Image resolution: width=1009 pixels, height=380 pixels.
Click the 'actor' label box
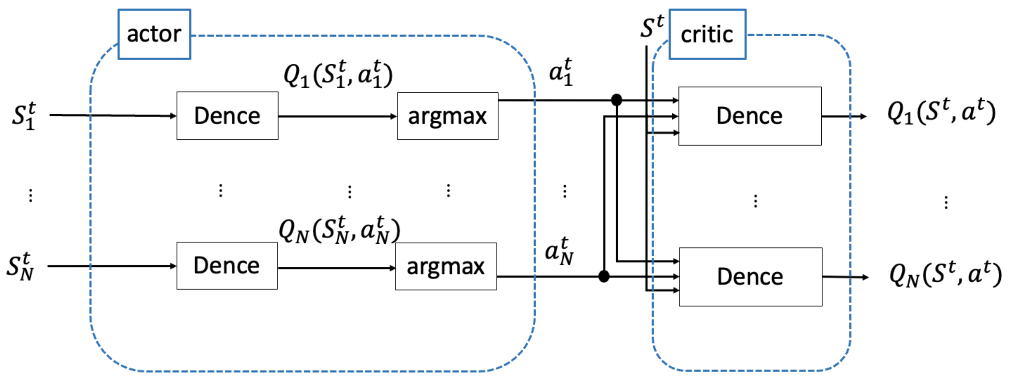[154, 35]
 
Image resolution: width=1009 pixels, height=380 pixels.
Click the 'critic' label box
[707, 35]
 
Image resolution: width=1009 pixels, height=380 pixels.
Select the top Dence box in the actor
[227, 116]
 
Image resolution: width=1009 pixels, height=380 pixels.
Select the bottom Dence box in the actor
[227, 266]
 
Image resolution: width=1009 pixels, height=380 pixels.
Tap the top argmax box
[447, 116]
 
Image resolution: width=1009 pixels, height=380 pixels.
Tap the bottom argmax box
[446, 266]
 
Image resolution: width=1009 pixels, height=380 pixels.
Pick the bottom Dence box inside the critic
[750, 277]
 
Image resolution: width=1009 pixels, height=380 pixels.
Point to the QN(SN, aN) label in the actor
[339, 230]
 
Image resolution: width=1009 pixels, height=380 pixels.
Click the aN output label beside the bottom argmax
[559, 251]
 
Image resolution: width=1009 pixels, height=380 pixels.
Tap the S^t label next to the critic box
[652, 27]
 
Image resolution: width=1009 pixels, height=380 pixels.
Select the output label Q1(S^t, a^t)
[941, 112]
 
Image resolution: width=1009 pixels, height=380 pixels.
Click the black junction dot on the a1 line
[616, 100]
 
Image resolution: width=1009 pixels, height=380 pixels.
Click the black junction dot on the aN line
[604, 276]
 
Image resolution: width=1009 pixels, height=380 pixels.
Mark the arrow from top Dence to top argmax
[337, 116]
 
